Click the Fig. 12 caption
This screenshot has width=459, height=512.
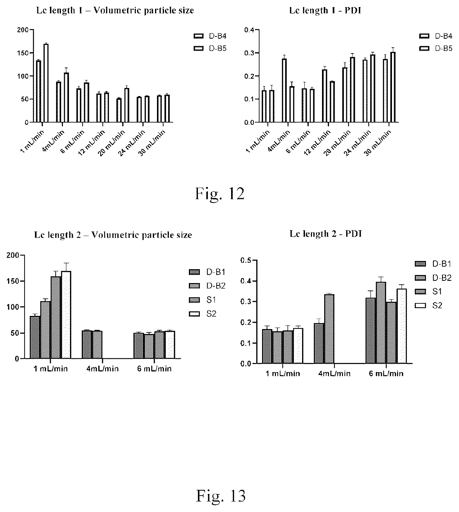(x=220, y=194)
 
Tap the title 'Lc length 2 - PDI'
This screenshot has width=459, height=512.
(x=326, y=234)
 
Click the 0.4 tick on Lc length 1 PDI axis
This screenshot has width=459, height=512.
(x=249, y=30)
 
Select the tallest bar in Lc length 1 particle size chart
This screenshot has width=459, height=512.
(x=46, y=83)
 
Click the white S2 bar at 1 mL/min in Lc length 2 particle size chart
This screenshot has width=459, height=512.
(x=66, y=315)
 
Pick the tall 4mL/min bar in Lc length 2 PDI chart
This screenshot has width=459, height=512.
(x=329, y=329)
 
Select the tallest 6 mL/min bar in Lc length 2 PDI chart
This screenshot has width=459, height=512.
(x=381, y=323)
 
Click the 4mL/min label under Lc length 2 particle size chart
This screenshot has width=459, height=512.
(x=103, y=369)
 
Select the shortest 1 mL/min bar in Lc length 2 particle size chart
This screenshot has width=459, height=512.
(x=35, y=337)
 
